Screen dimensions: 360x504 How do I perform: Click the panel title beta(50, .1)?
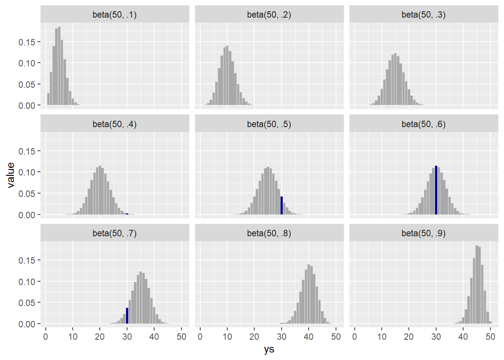tap(114, 15)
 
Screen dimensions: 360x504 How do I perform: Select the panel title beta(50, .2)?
tap(269, 15)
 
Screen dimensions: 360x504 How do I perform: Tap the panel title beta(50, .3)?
tap(423, 15)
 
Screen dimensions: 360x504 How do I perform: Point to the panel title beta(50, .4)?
tap(114, 124)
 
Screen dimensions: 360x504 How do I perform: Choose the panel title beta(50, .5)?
tap(269, 124)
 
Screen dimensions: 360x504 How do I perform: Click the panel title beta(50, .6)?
tap(423, 124)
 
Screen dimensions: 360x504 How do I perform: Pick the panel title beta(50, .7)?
tap(114, 233)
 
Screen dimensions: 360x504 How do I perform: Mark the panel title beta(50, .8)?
tap(269, 233)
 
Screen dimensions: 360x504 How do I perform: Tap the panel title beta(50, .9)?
tap(423, 233)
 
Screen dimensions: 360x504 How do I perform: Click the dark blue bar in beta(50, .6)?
tap(436, 190)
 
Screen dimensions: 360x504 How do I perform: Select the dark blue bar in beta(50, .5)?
tap(282, 205)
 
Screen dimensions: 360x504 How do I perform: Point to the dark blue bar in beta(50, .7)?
tap(127, 316)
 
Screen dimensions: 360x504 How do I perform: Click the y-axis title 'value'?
tap(10, 175)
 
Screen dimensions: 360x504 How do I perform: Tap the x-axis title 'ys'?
tap(269, 349)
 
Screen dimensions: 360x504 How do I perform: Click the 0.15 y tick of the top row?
tap(27, 42)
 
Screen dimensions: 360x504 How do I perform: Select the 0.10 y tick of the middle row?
tap(27, 172)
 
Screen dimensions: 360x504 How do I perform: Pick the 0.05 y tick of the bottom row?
tap(27, 303)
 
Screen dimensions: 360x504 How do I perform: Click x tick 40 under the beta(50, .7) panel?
tap(154, 337)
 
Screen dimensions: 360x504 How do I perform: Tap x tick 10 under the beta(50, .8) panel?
tap(227, 337)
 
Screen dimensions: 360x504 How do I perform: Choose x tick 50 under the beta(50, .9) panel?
tap(490, 337)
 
